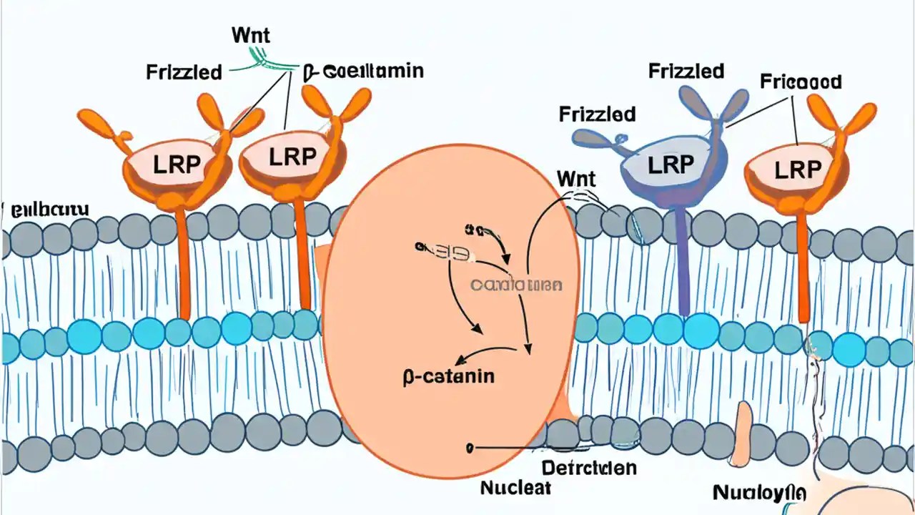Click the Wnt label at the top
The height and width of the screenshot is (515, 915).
tap(250, 34)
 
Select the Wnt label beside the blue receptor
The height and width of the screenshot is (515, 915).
tap(575, 178)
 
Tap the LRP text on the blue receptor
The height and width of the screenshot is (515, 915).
tap(670, 164)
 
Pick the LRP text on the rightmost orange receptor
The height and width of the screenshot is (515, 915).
tap(799, 170)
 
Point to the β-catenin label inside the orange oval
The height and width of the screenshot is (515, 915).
tap(448, 376)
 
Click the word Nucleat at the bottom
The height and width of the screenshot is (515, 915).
tap(516, 489)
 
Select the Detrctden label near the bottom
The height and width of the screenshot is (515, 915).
tap(588, 469)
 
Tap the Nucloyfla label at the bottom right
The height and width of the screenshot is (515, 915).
tap(759, 494)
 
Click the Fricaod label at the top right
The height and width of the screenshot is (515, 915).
tap(800, 81)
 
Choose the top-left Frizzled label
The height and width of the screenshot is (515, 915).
tap(184, 72)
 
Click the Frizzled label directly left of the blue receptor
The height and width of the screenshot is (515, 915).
tap(598, 114)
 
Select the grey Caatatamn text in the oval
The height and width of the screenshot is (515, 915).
tap(516, 285)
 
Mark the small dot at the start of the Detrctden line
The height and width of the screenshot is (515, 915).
tap(469, 448)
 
